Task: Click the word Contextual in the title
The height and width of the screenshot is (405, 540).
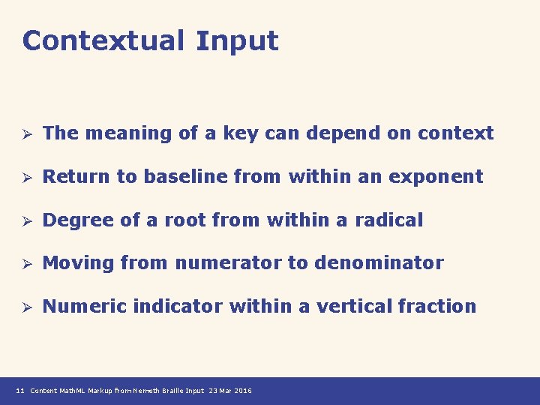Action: (103, 40)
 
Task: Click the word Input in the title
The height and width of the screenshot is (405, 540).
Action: (237, 42)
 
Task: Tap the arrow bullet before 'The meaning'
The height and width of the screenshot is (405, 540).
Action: (25, 134)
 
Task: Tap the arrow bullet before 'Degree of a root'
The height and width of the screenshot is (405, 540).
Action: (25, 221)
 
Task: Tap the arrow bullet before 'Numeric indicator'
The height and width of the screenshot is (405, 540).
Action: (25, 307)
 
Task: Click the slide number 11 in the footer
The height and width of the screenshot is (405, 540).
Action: (20, 391)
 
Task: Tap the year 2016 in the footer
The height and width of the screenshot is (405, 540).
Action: (244, 391)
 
